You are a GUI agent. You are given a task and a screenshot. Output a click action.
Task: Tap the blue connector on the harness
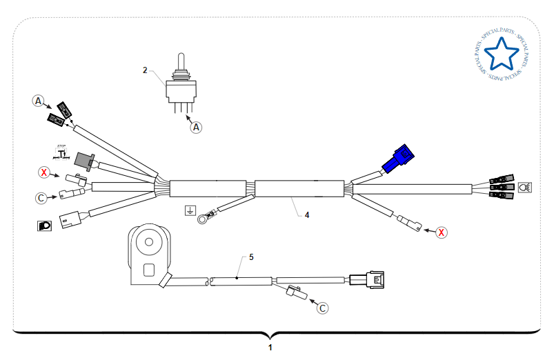pos(398,160)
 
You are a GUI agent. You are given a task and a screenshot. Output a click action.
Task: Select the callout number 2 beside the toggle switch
pos(145,70)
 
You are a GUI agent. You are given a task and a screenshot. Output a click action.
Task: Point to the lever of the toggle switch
pos(182,61)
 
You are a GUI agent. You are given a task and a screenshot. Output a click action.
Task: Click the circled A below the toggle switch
pos(197,127)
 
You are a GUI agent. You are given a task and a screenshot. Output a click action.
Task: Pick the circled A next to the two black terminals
pos(39,101)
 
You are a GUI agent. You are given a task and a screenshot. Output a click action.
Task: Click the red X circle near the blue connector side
pos(442,232)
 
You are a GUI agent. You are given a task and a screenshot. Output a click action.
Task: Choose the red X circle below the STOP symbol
pos(44,172)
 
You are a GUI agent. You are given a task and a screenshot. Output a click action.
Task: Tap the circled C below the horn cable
pos(322,308)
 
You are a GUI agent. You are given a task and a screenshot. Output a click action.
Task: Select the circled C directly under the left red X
pos(41,198)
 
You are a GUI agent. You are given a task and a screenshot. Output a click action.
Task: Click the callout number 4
pos(307,215)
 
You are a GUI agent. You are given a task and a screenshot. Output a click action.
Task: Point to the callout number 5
pos(251,257)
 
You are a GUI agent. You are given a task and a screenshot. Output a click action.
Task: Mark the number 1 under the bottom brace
pos(270,348)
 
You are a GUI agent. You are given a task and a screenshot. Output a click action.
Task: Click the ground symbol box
pos(190,210)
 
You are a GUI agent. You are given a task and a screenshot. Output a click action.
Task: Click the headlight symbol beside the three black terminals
pos(524,186)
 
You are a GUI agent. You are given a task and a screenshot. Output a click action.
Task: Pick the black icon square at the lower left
pos(43,225)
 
